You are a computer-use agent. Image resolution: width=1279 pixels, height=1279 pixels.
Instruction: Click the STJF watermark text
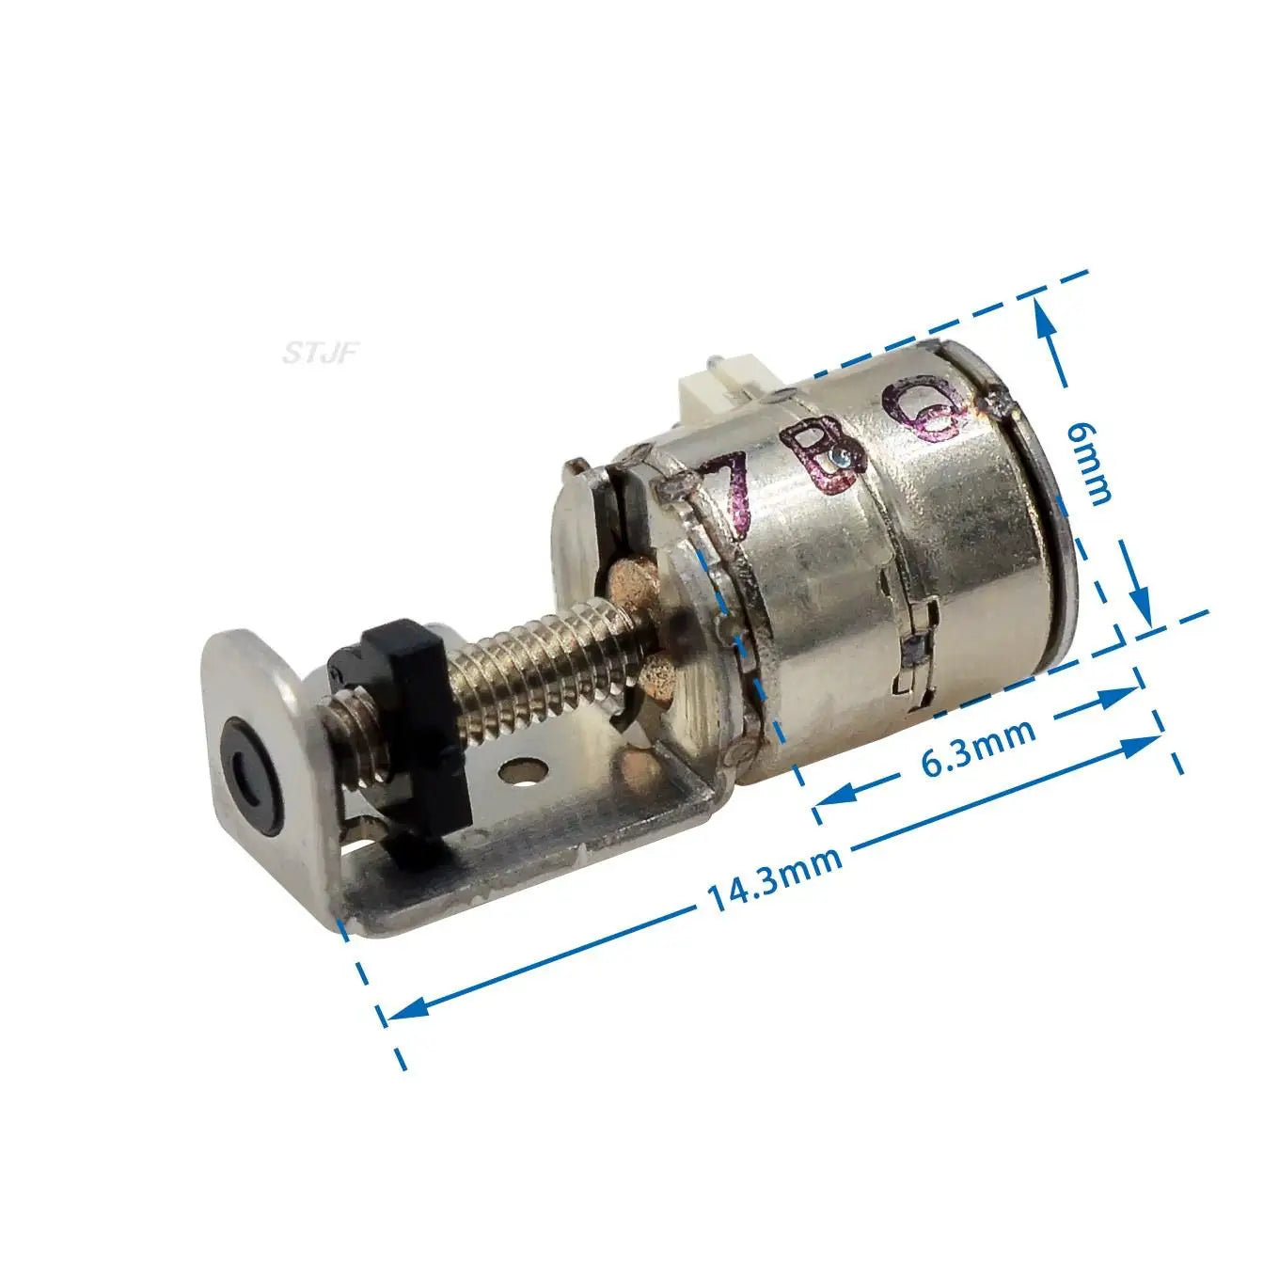[321, 354]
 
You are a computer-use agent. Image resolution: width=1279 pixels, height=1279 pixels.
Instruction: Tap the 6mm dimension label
[1091, 462]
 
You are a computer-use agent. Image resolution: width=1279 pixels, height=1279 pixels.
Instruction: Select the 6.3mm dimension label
[977, 747]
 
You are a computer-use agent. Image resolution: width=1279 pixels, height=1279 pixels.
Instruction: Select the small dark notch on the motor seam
[912, 648]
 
